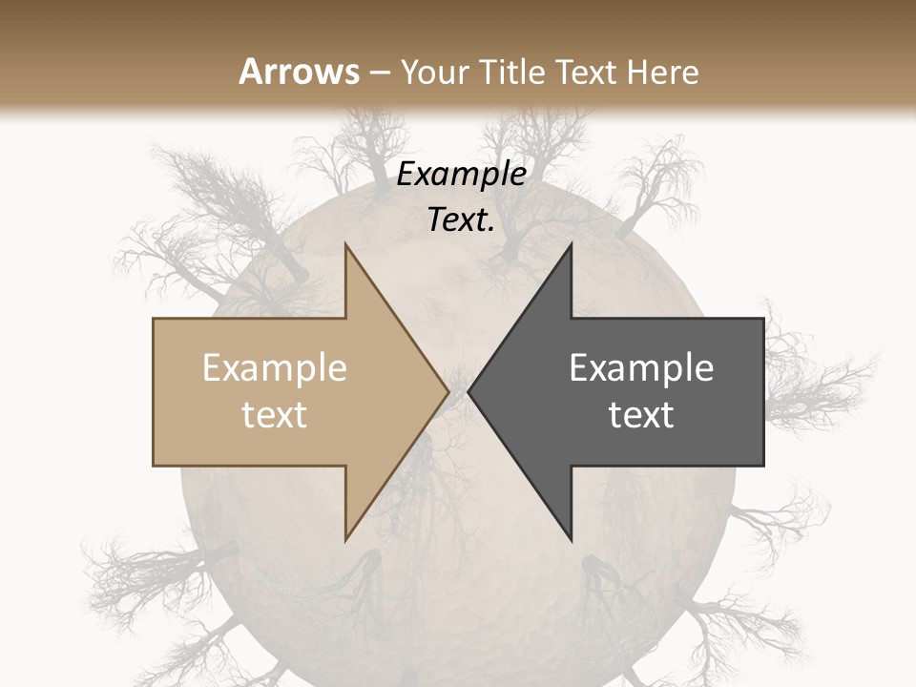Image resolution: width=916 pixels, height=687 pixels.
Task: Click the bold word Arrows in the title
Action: click(300, 72)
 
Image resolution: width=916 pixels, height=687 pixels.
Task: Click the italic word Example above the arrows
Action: click(461, 175)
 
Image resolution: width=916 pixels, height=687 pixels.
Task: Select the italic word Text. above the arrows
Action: click(461, 220)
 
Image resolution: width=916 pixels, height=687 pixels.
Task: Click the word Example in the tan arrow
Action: click(274, 368)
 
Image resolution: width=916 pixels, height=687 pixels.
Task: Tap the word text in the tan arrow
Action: click(274, 414)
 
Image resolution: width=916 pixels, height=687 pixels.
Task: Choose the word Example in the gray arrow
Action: click(641, 368)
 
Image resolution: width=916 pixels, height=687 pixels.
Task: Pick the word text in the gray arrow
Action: click(641, 414)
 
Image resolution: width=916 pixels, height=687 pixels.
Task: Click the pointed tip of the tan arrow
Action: click(448, 392)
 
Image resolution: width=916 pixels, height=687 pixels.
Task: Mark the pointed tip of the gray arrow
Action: click(468, 392)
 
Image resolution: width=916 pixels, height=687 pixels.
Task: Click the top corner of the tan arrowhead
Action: click(345, 243)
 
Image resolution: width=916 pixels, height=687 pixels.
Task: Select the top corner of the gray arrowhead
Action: click(572, 243)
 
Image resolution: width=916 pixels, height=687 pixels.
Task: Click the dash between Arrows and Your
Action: click(379, 73)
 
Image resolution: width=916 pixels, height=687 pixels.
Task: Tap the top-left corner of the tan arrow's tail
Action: click(154, 319)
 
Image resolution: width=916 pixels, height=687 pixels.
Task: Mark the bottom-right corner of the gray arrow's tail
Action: click(763, 466)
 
